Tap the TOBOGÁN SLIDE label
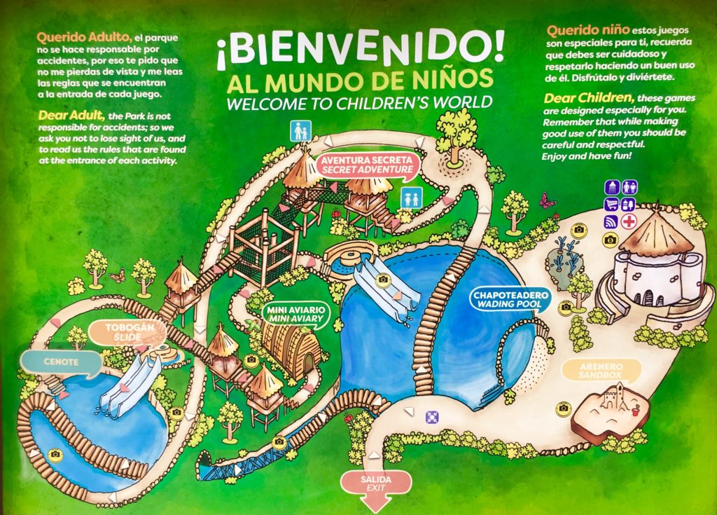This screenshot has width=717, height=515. [x=123, y=333]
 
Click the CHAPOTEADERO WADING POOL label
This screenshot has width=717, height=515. [x=511, y=299]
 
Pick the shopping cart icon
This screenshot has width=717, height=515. [x=611, y=205]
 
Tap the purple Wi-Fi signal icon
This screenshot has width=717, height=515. [x=611, y=221]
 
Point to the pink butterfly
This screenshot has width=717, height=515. [x=547, y=201]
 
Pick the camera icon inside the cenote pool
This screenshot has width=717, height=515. [x=55, y=454]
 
